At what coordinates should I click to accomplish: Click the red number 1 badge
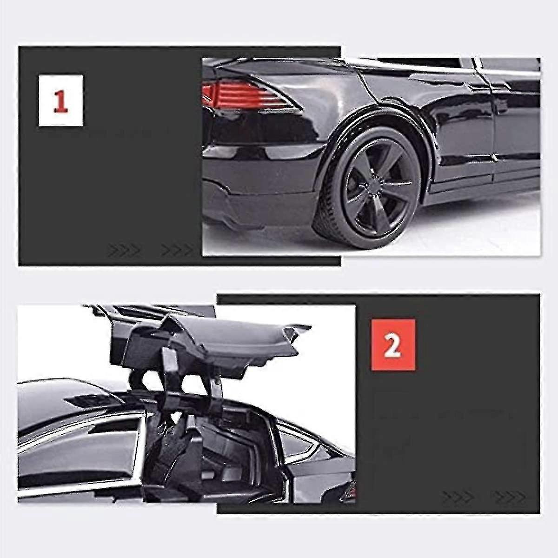click(x=60, y=100)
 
